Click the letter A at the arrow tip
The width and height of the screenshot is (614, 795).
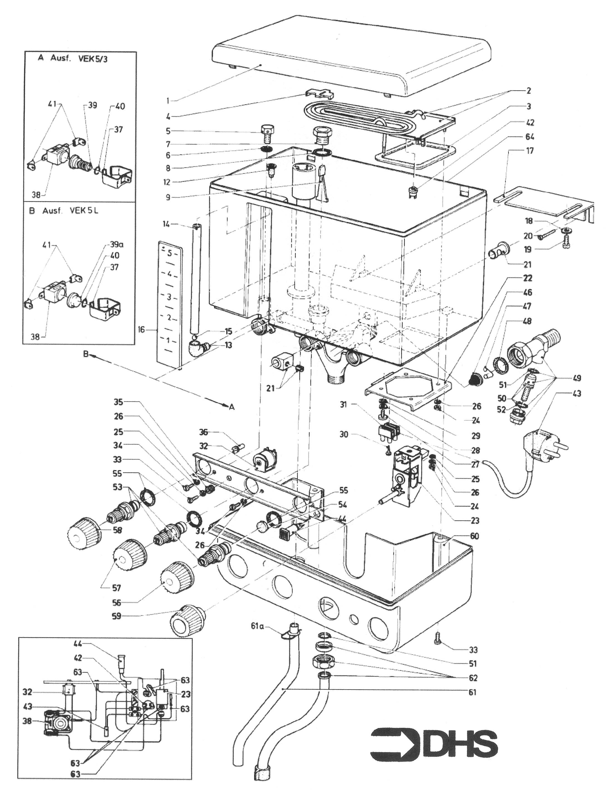click(232, 407)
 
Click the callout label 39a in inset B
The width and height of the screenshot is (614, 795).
click(117, 243)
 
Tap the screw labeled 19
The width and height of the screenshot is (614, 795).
click(566, 242)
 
